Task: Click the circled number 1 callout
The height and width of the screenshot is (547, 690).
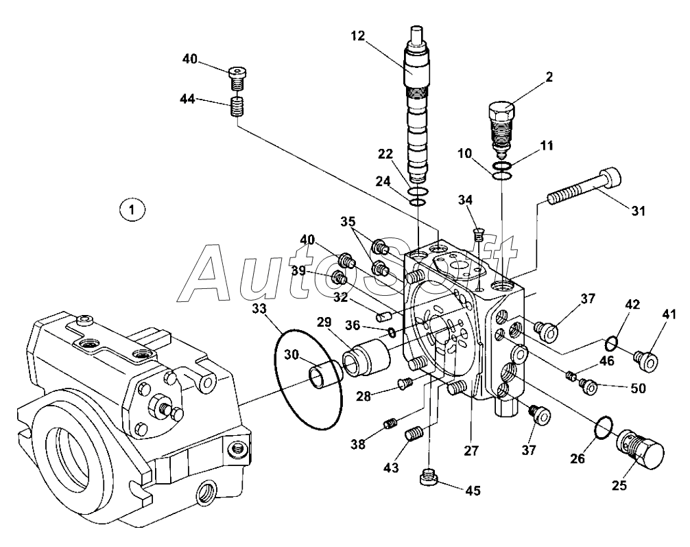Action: (132, 209)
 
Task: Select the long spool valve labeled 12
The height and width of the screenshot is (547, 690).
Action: (418, 110)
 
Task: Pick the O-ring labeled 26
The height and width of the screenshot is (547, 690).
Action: (603, 427)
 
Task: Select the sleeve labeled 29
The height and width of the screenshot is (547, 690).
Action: (366, 358)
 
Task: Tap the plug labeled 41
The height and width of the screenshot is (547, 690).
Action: (647, 359)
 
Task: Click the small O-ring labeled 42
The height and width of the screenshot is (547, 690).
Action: (614, 341)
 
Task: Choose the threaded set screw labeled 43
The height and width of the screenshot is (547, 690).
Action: (415, 434)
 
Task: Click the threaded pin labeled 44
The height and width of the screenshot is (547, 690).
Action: (237, 107)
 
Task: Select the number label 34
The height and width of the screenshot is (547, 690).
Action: (466, 200)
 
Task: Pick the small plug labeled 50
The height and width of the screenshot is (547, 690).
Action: (589, 386)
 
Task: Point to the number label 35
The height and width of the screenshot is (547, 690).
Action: (348, 222)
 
